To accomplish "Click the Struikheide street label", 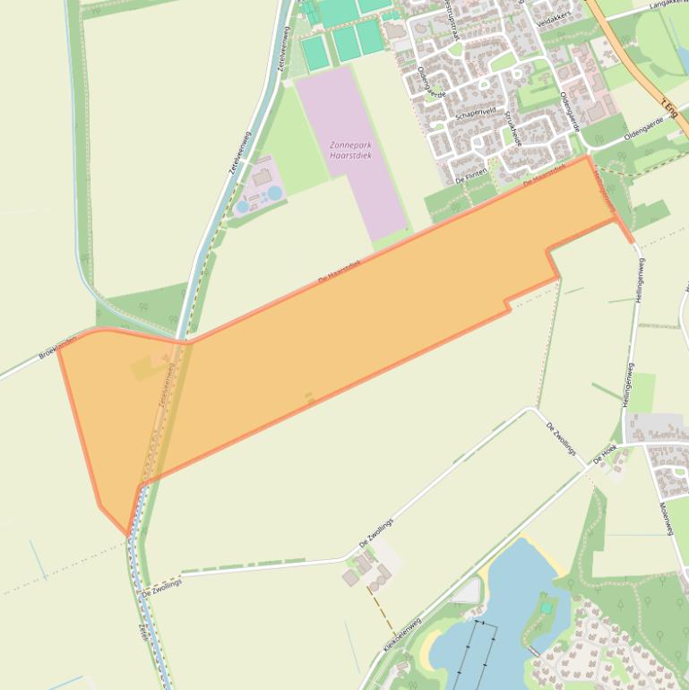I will point(512,130).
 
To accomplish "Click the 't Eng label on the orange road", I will point(667,108).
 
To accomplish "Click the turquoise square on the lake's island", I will point(546,608).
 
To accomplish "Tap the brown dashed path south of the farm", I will point(380,608).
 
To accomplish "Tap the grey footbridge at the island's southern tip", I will point(535,651).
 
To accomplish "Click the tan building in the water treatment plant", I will point(263,177).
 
